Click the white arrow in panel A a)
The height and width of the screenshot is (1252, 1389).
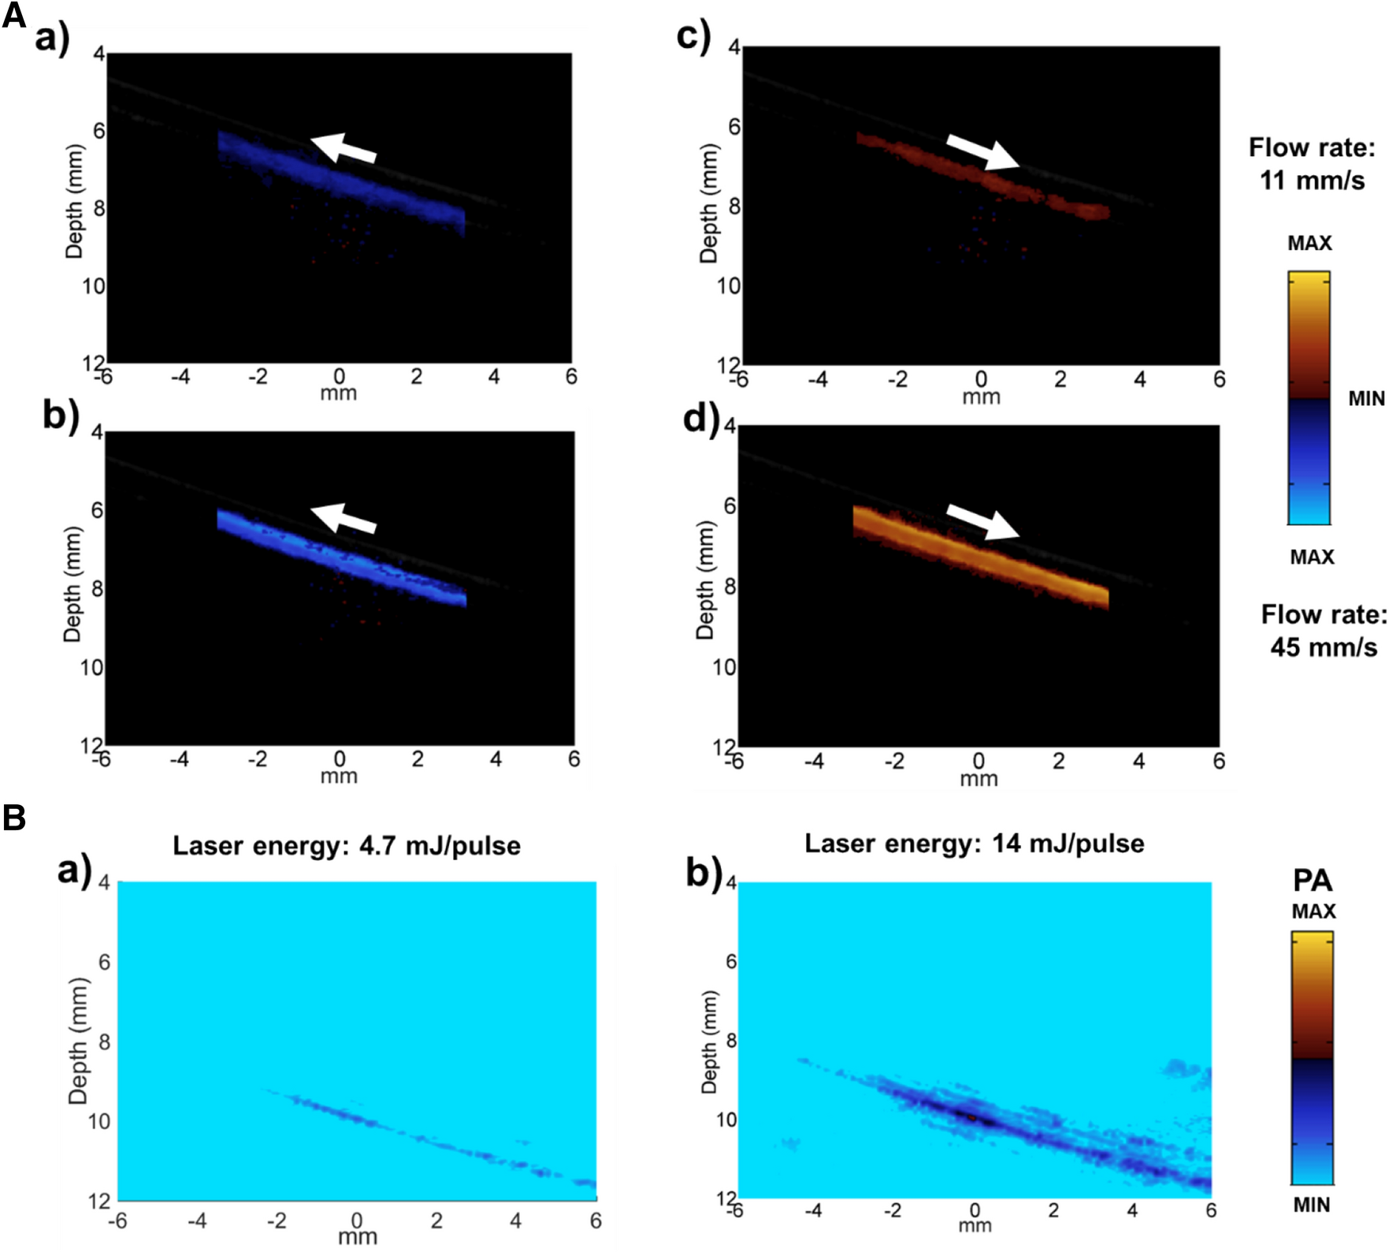[x=344, y=148]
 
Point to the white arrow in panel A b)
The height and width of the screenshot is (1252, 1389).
[x=344, y=519]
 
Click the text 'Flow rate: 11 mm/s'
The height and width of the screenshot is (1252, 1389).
[x=1312, y=164]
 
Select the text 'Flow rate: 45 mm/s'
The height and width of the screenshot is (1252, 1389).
[x=1323, y=631]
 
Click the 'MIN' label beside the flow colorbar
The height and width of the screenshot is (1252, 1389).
[x=1366, y=399]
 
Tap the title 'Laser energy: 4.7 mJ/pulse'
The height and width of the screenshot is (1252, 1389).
[x=347, y=846]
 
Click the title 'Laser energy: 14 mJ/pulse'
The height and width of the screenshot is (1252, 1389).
[x=974, y=844]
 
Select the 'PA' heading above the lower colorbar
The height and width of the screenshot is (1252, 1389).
[x=1312, y=880]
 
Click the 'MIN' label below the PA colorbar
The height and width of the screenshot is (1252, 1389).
[x=1311, y=1205]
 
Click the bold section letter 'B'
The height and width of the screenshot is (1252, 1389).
[x=14, y=818]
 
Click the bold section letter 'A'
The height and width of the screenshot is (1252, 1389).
[x=13, y=15]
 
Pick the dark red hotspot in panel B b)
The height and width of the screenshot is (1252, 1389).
[x=971, y=1116]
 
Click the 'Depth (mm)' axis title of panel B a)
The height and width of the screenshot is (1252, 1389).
[x=78, y=1041]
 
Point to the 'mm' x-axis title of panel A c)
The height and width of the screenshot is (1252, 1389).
[x=981, y=397]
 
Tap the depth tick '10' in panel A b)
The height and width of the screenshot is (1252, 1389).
[x=92, y=668]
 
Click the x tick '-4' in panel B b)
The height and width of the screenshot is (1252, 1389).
[x=813, y=1209]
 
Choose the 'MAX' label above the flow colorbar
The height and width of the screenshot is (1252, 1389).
[x=1309, y=244]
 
